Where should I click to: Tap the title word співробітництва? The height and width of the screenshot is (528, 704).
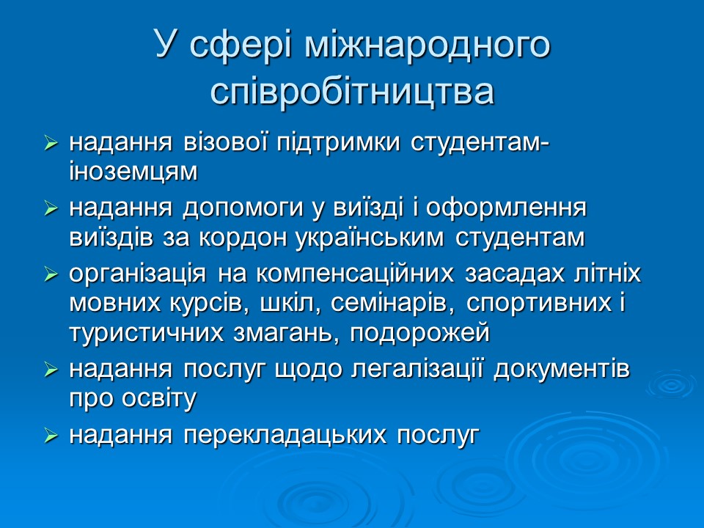tap(352, 92)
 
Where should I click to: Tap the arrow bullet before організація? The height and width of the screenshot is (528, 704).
tap(51, 276)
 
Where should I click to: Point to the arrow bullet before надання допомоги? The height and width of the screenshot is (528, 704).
tap(51, 210)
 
